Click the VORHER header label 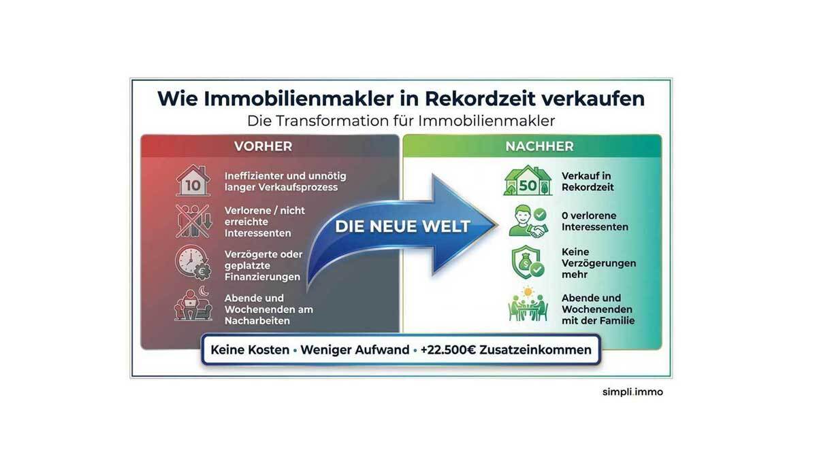(263, 146)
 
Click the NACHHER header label (539, 146)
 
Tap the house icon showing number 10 (193, 181)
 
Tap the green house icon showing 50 (528, 181)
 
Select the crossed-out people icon (193, 221)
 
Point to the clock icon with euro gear (193, 262)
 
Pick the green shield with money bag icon (528, 262)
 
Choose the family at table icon (528, 305)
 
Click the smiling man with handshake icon (528, 221)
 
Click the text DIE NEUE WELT (402, 226)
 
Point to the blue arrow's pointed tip (498, 225)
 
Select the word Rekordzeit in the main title (480, 99)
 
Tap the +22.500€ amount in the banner (448, 350)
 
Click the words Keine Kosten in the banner (250, 350)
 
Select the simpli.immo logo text (632, 392)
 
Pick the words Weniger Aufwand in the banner (355, 350)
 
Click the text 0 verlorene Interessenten (595, 221)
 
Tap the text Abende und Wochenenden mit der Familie (598, 309)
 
